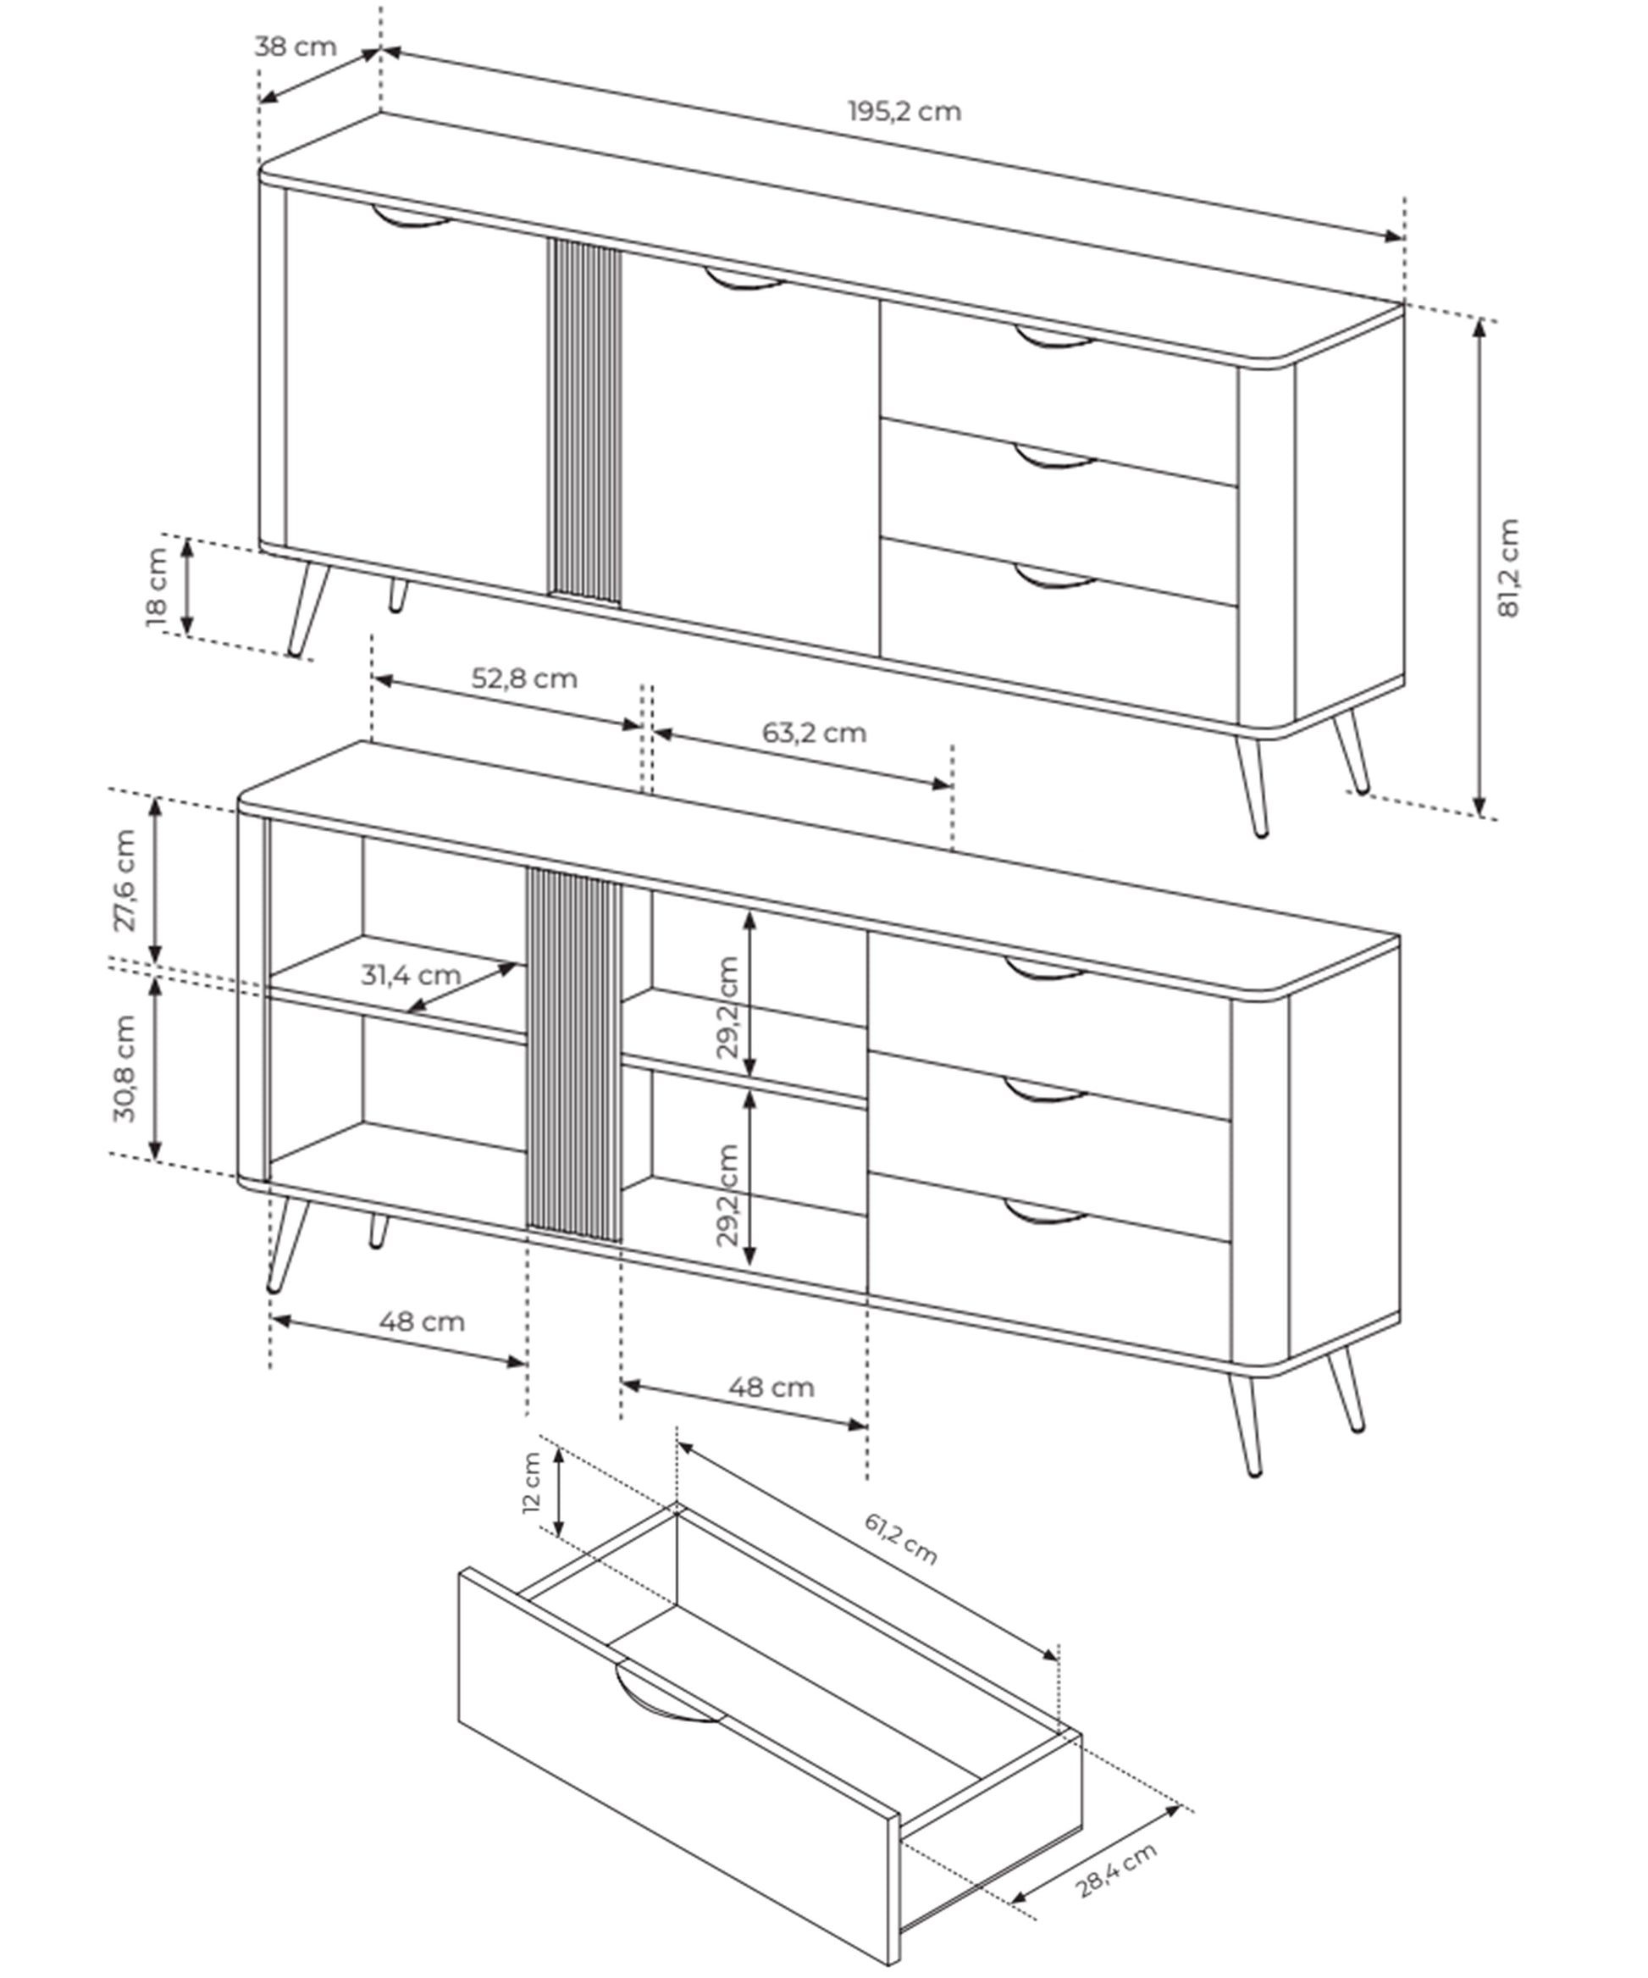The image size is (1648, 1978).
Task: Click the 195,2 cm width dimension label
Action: pyautogui.click(x=904, y=112)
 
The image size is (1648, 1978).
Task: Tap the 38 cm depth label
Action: pyautogui.click(x=295, y=46)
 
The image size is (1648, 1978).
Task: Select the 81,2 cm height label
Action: pyautogui.click(x=1508, y=567)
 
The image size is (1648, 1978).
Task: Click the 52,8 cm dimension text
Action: pyautogui.click(x=523, y=679)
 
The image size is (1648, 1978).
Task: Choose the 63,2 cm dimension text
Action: pyautogui.click(x=814, y=733)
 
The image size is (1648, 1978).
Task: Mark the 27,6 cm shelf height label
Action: pyautogui.click(x=125, y=880)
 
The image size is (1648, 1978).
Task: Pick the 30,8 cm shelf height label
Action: pyautogui.click(x=125, y=1068)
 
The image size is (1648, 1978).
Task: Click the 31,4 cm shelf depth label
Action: pyautogui.click(x=411, y=975)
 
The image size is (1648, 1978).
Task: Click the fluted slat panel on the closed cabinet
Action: pyautogui.click(x=585, y=419)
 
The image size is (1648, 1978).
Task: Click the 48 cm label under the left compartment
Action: pyautogui.click(x=422, y=1321)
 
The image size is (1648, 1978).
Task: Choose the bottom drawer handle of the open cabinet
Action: pyautogui.click(x=1045, y=1214)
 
